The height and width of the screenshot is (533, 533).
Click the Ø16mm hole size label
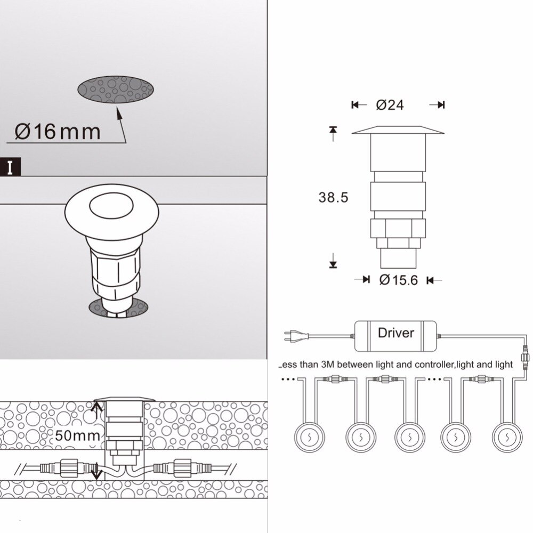[x=58, y=131]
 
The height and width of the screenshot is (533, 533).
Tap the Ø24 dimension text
[x=390, y=105]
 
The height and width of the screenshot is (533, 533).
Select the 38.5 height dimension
[x=333, y=198]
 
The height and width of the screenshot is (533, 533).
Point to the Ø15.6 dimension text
[x=398, y=279]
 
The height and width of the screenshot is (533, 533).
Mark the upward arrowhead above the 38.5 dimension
[x=334, y=130]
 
